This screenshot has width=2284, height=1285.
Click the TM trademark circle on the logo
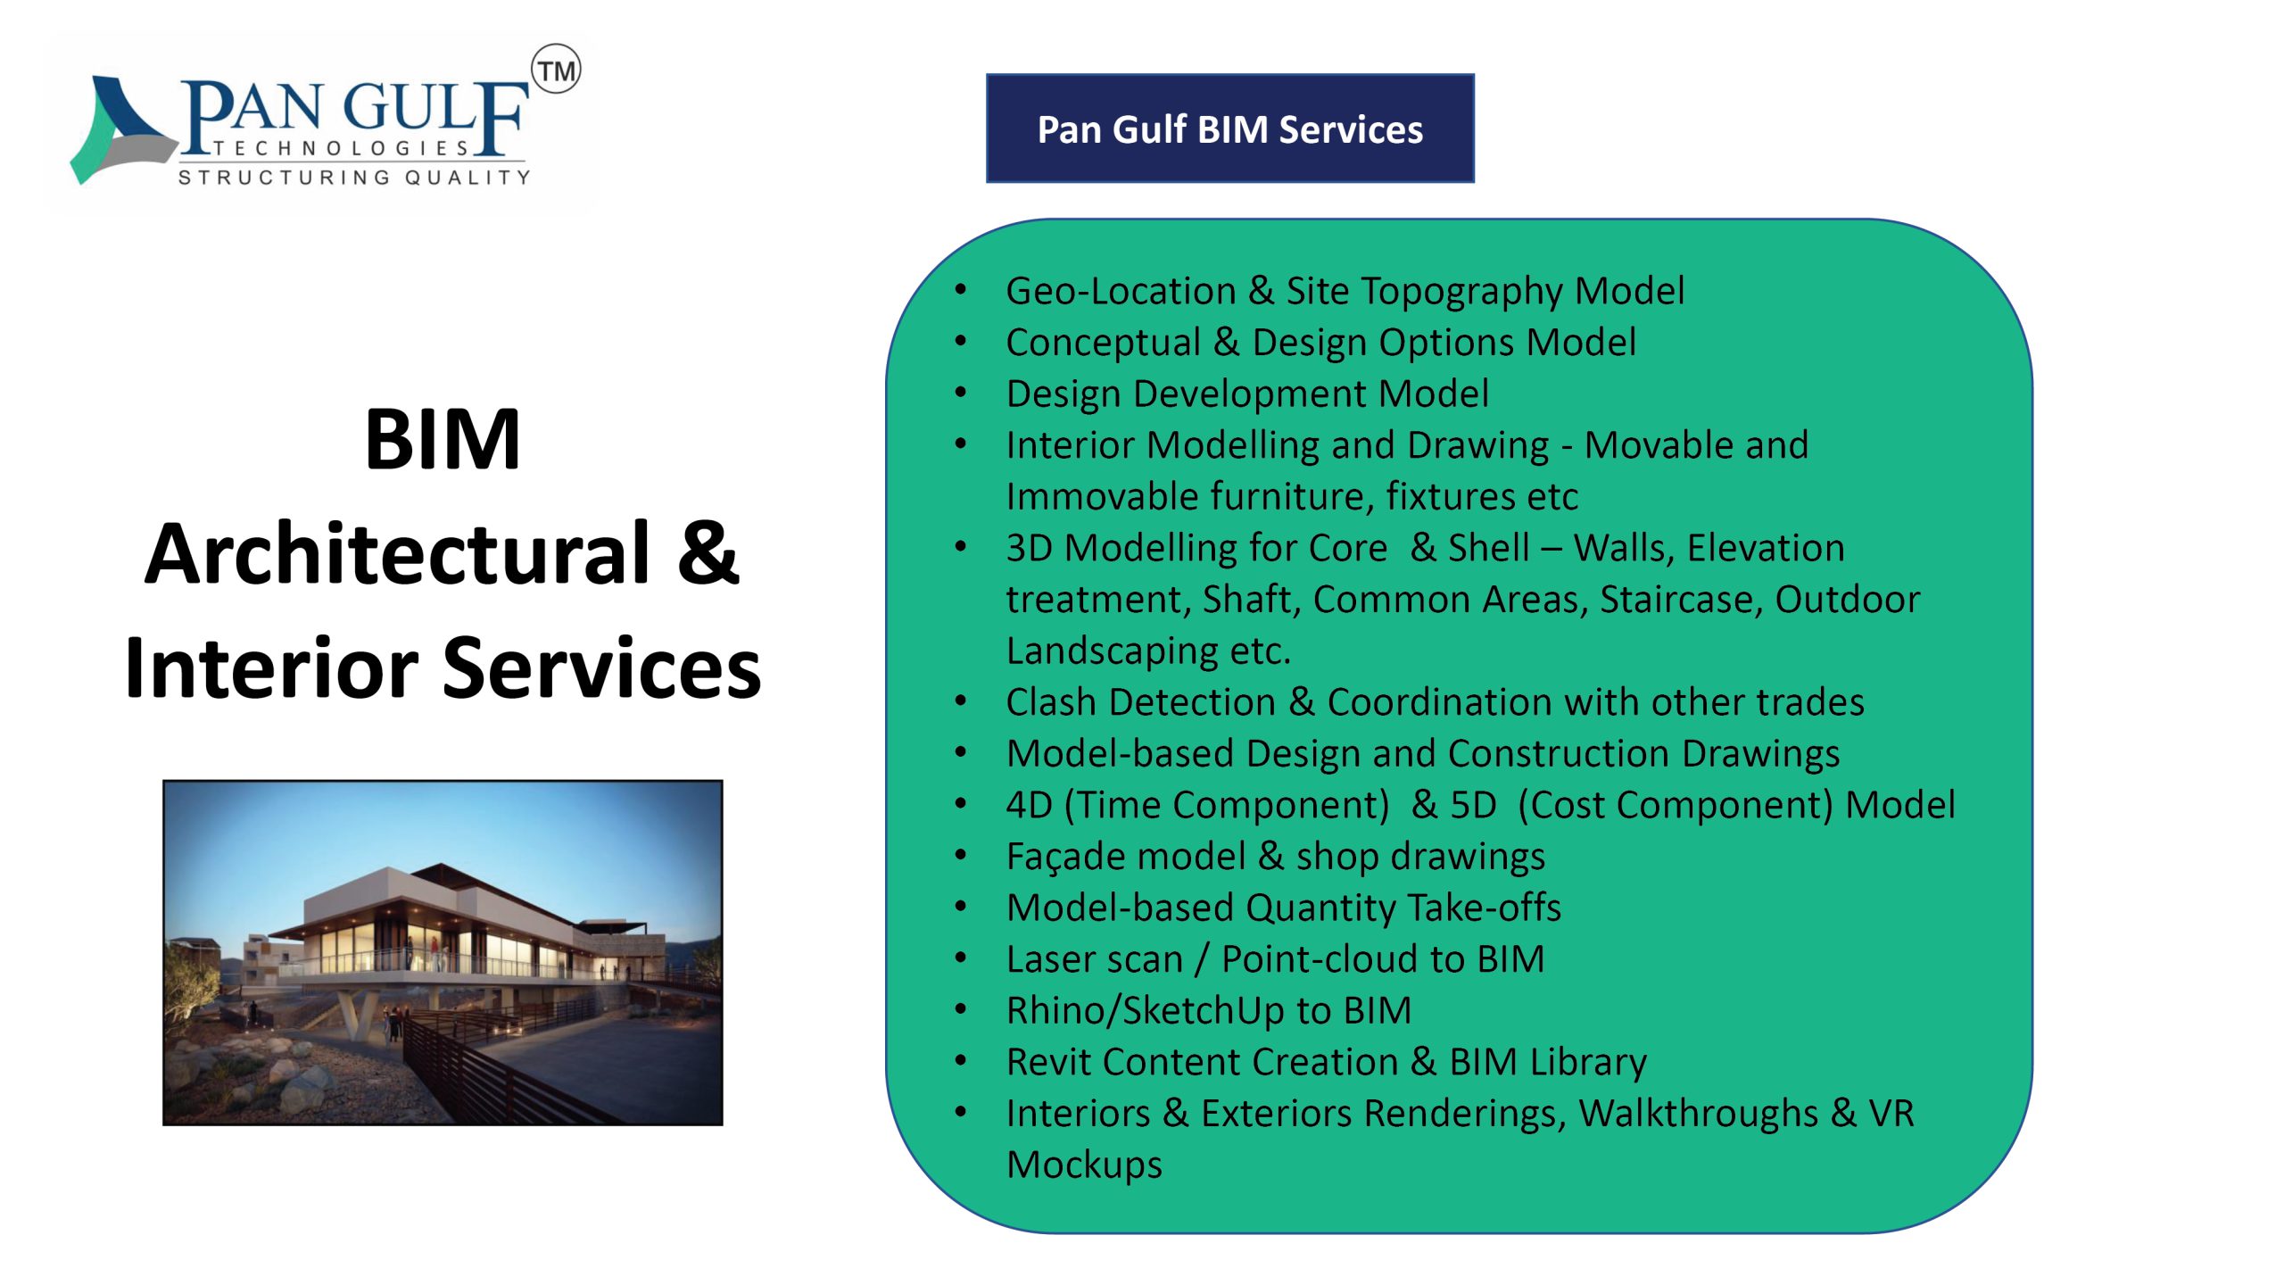pyautogui.click(x=556, y=70)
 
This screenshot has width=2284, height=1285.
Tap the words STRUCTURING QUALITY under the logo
pyautogui.click(x=354, y=177)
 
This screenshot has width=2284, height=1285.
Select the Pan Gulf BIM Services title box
pyautogui.click(x=1229, y=128)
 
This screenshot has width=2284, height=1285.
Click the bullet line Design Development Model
pyautogui.click(x=1247, y=394)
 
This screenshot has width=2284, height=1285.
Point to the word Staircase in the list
pyautogui.click(x=1681, y=600)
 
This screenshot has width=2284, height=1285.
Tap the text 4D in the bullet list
pyautogui.click(x=1030, y=805)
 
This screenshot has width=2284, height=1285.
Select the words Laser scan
pyautogui.click(x=1094, y=959)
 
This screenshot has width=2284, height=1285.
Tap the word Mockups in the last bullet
pyautogui.click(x=1084, y=1166)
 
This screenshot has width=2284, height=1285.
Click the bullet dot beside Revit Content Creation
pyautogui.click(x=961, y=1061)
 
